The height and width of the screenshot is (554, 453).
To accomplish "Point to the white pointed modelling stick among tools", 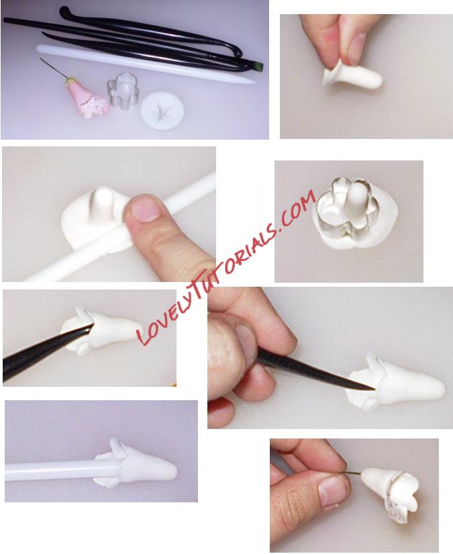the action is click(146, 64).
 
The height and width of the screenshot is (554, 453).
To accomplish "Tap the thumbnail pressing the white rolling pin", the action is click(144, 208).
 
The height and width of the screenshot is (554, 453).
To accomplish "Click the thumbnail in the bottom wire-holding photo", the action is click(332, 490).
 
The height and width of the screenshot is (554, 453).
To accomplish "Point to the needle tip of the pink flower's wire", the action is click(41, 59).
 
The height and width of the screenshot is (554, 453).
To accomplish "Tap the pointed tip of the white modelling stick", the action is click(255, 83).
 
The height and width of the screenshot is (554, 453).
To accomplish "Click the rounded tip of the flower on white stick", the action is click(170, 469).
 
